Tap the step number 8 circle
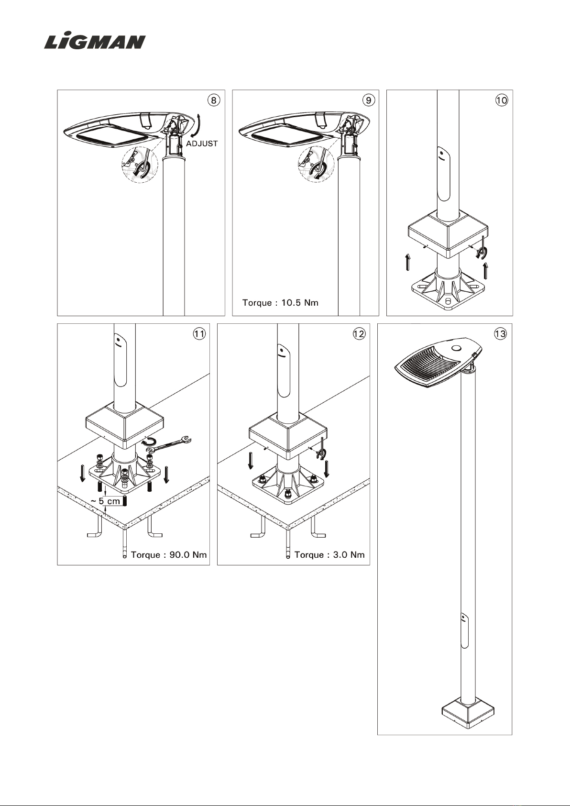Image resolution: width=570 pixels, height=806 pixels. coord(214,100)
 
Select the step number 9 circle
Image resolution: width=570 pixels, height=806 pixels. coord(368,100)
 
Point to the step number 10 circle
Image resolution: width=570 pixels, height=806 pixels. coord(502,100)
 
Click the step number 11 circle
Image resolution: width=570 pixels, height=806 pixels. coord(199,334)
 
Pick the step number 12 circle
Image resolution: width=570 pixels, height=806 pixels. coord(359,334)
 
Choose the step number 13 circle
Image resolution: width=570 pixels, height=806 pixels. coord(500,334)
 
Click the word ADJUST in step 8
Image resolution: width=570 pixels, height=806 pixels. coord(202,144)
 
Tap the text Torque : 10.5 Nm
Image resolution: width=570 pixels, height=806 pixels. coord(281,303)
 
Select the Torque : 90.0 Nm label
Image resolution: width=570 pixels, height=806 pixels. coord(169,554)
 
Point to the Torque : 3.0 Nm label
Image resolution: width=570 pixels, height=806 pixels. coord(329,554)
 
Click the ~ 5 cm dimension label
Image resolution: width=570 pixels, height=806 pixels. coord(105,501)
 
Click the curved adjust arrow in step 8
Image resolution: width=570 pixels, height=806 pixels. coord(199,125)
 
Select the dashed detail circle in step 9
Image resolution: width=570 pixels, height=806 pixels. coord(316,165)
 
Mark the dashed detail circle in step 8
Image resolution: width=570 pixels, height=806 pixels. coord(140,165)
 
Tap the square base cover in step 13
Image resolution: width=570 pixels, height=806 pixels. coord(468,712)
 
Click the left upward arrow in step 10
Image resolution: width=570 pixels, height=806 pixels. coord(408,262)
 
